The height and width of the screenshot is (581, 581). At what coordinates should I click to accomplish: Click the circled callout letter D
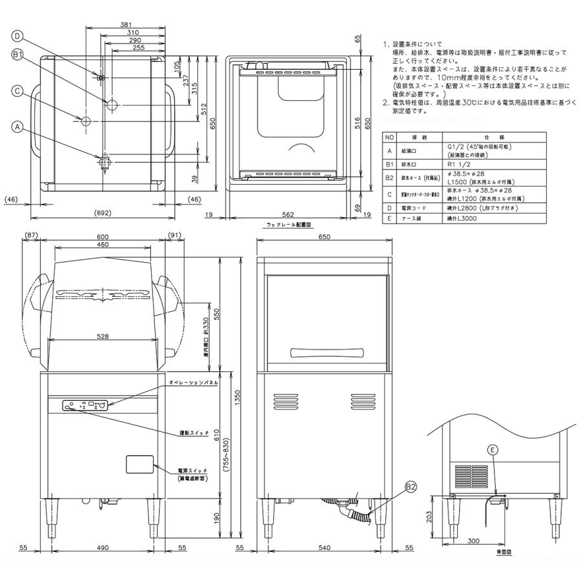coord(17,36)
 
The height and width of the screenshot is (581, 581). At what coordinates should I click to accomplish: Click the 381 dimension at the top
coord(127,25)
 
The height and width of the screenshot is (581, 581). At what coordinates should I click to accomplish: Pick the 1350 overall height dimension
coord(237,400)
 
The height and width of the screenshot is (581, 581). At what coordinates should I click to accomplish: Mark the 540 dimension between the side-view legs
coord(325,547)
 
